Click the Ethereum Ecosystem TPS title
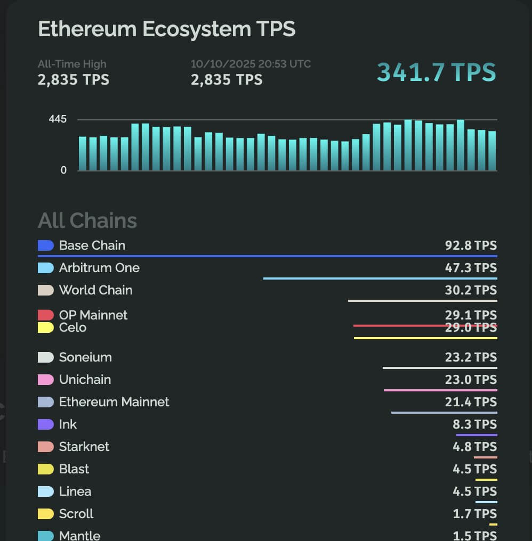(166, 29)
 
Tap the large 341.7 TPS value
(436, 72)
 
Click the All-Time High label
(72, 64)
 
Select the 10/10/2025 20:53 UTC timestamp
(251, 64)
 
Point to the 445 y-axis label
(58, 119)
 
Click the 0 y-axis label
(64, 170)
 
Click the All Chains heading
(87, 220)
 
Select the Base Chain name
(92, 245)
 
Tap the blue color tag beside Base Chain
(46, 245)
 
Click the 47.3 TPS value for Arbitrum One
(471, 268)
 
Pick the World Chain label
(95, 290)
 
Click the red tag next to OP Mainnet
(46, 315)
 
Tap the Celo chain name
(72, 327)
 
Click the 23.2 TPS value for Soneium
(471, 357)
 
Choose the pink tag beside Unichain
(46, 380)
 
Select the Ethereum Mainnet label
(114, 402)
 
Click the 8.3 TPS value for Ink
(474, 424)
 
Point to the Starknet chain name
(84, 447)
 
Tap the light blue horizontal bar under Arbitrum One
(380, 278)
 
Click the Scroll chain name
(76, 514)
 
